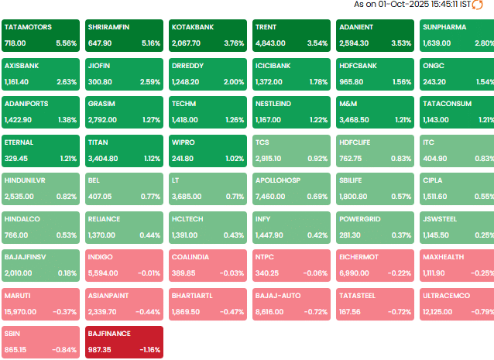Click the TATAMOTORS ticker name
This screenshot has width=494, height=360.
29,27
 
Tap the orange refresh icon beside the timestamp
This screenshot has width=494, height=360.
478,5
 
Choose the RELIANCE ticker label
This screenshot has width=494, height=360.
104,219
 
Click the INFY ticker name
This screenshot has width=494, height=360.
263,219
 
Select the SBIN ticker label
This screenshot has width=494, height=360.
13,334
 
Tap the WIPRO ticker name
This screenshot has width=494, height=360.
184,142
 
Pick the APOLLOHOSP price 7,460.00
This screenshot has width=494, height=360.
273,197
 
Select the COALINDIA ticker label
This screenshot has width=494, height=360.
191,257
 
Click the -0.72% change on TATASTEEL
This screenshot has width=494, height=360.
399,311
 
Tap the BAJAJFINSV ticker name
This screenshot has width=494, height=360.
26,257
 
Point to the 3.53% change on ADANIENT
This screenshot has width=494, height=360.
400,43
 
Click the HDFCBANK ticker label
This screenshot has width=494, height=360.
358,66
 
